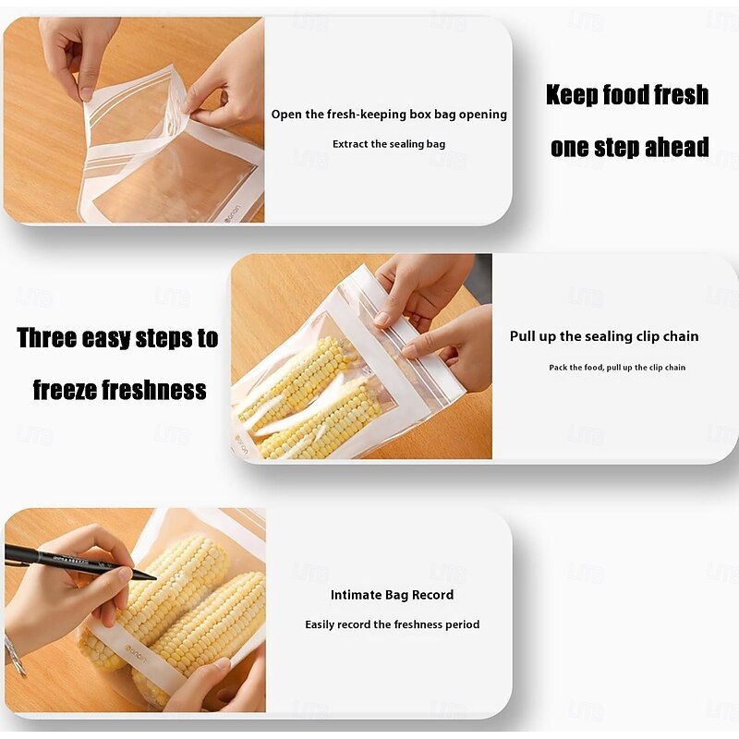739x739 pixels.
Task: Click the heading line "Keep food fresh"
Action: coord(627,95)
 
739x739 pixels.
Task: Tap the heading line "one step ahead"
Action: coord(630,147)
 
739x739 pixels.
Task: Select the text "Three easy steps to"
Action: coord(117,338)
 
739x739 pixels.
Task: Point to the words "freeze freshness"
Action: coord(120,390)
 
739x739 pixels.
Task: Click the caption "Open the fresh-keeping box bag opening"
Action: coord(389,115)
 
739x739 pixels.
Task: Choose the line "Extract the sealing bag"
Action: coord(389,144)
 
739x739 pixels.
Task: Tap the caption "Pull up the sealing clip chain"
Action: coord(604,336)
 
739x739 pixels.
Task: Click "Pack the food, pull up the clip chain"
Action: coord(617,368)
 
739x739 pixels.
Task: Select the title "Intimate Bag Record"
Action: coord(392,595)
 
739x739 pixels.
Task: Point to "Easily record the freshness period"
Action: coord(392,624)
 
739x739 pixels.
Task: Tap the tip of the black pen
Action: coord(155,578)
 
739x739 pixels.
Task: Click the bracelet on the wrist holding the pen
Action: coord(15,655)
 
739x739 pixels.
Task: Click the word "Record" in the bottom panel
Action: coord(432,595)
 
